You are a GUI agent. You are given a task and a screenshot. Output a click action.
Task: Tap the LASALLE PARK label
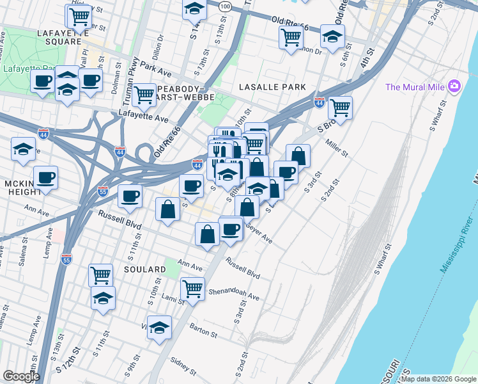coord(272,86)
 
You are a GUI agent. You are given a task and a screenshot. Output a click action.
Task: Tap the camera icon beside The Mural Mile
coord(454,86)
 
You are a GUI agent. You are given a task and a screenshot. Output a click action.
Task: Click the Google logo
coord(20,376)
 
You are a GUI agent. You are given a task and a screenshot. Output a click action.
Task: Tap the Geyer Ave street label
coord(259,237)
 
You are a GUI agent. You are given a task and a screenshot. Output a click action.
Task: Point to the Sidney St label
coord(184,367)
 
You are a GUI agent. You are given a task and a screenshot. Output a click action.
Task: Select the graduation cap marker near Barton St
coord(159,326)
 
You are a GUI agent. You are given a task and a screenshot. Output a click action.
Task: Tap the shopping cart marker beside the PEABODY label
coord(144,95)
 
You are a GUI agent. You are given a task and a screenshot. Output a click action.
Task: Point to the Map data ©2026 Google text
coord(438,379)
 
